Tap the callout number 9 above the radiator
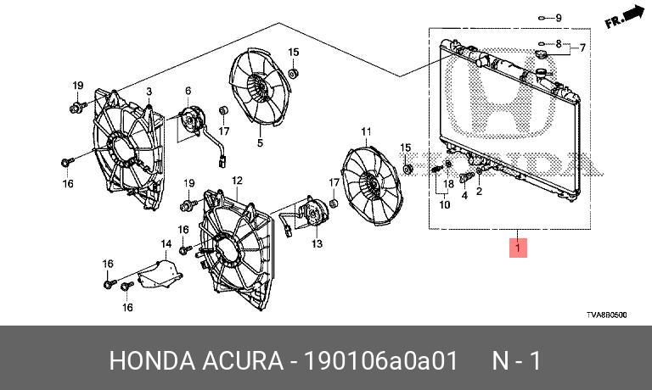pyautogui.click(x=559, y=18)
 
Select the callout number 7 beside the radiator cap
pyautogui.click(x=582, y=47)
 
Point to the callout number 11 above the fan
pyautogui.click(x=367, y=131)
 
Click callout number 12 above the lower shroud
pyautogui.click(x=237, y=181)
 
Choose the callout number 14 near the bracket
pyautogui.click(x=166, y=243)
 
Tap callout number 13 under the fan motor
pyautogui.click(x=317, y=243)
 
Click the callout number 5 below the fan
pyautogui.click(x=260, y=142)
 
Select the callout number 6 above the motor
pyautogui.click(x=188, y=91)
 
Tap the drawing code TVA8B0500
pyautogui.click(x=606, y=315)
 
